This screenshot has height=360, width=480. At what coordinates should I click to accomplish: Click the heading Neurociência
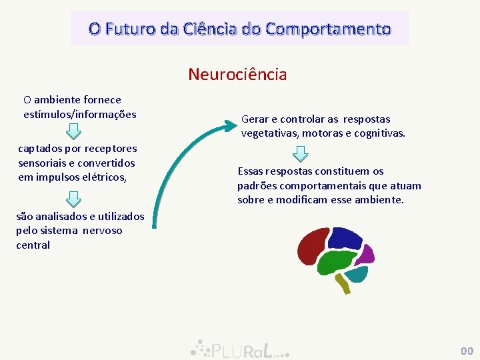click(x=237, y=74)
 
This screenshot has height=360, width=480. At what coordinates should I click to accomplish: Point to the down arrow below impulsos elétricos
click(x=75, y=198)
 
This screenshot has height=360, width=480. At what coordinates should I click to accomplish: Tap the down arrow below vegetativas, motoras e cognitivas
click(x=301, y=154)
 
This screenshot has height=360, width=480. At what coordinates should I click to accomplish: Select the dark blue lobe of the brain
click(x=345, y=239)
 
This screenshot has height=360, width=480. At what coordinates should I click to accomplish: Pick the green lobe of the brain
click(x=339, y=263)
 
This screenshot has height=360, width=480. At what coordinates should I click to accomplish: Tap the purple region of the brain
click(x=365, y=255)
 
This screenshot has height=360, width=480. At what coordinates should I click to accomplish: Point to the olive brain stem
click(x=343, y=285)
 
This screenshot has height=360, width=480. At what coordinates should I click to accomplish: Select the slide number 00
click(x=466, y=351)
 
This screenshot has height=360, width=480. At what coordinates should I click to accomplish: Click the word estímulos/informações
click(x=79, y=114)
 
